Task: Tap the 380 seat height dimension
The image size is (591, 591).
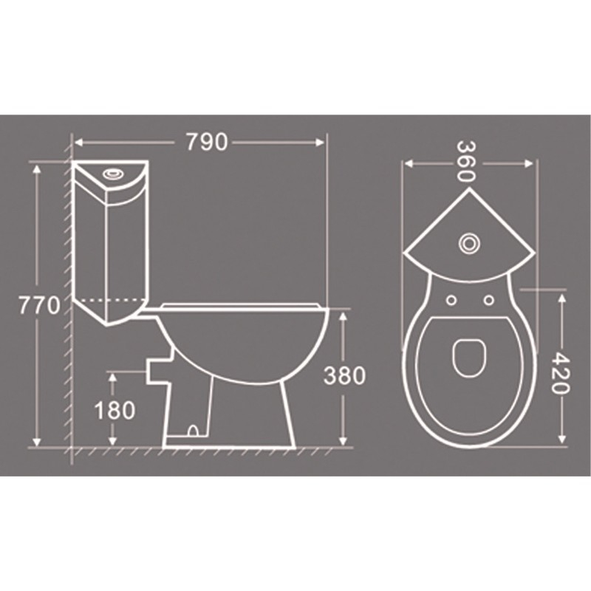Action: click(344, 376)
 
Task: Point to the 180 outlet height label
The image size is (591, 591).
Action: click(115, 410)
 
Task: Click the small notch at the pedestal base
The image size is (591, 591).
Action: click(194, 428)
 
